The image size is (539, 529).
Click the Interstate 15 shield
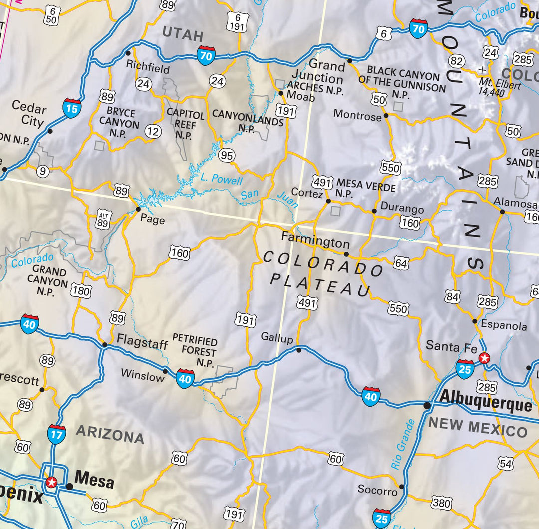[x=72, y=108]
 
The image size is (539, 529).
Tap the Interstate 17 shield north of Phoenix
[x=56, y=434]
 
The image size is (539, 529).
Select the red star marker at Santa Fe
[x=484, y=358]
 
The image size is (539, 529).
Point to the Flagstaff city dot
[x=105, y=345]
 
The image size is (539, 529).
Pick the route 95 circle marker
[x=227, y=156]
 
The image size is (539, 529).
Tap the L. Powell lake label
[x=221, y=180]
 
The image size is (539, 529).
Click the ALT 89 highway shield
[x=103, y=218]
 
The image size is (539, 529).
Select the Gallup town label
[x=277, y=338]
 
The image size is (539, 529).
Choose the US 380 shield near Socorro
[x=441, y=503]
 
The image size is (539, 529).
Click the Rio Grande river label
[x=403, y=444]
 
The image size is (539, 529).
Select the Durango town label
[x=402, y=209]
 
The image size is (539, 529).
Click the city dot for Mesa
[x=70, y=486]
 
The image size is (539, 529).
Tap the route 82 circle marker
[x=456, y=61]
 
